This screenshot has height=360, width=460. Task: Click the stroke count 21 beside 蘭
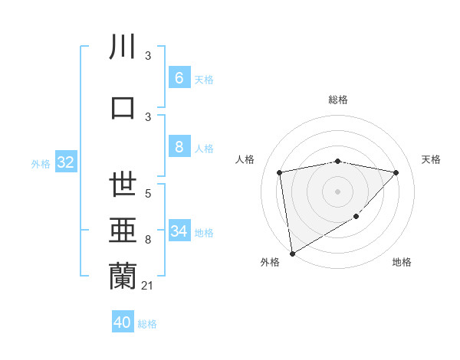click(149, 286)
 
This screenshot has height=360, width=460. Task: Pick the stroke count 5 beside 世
click(148, 194)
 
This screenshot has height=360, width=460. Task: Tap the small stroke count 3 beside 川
click(148, 57)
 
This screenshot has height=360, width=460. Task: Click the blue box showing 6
click(179, 77)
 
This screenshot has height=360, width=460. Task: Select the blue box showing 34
click(179, 231)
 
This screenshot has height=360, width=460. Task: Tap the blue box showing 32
click(65, 162)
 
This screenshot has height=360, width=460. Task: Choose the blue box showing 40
click(123, 322)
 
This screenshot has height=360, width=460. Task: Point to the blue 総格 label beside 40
click(147, 324)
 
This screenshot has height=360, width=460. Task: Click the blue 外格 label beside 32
click(40, 163)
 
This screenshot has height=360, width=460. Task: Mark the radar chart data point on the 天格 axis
click(396, 172)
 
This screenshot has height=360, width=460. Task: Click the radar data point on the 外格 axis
click(292, 253)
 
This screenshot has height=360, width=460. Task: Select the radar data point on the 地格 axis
click(356, 217)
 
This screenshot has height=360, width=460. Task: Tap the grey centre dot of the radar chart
click(337, 191)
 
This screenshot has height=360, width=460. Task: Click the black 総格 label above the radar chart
click(337, 100)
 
